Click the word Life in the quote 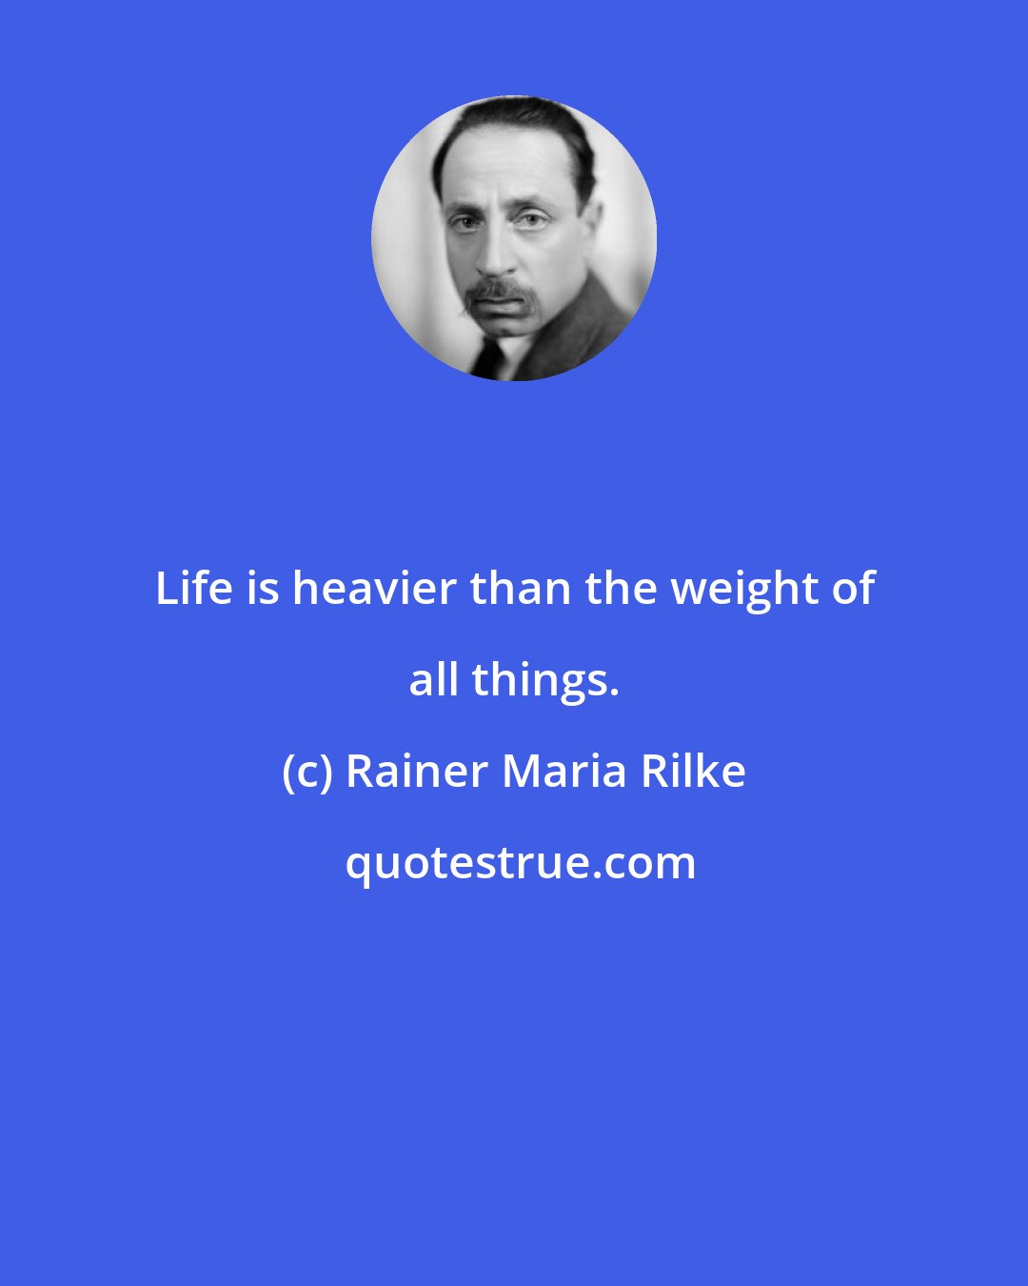(x=195, y=589)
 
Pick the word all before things (x=433, y=680)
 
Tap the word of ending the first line (x=853, y=589)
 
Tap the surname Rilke (x=693, y=772)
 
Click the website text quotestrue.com (x=520, y=863)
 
